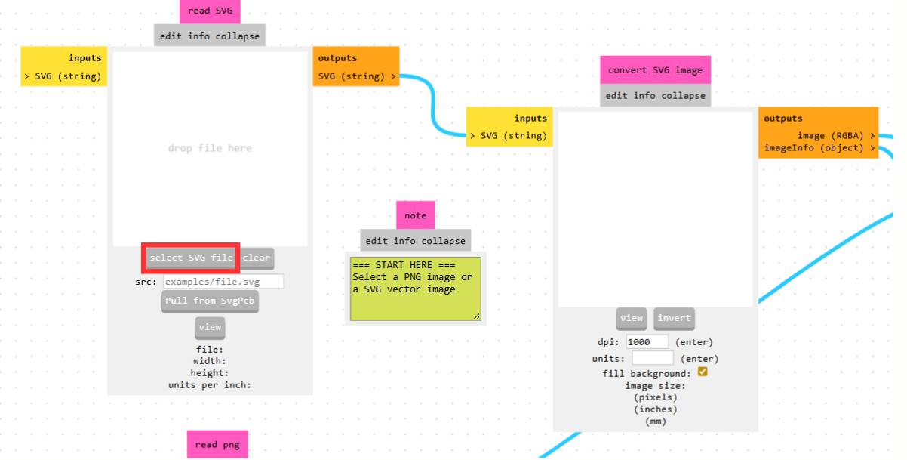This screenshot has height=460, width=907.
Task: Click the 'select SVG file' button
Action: pyautogui.click(x=191, y=258)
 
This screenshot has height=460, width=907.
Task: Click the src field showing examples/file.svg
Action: pyautogui.click(x=223, y=282)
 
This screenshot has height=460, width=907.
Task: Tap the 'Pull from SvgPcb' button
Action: pyautogui.click(x=210, y=301)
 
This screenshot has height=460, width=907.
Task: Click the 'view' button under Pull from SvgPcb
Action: pyautogui.click(x=210, y=328)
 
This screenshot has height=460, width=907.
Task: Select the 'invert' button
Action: pyautogui.click(x=674, y=318)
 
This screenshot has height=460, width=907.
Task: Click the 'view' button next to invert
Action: pyautogui.click(x=632, y=318)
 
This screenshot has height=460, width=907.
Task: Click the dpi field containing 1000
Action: pyautogui.click(x=647, y=342)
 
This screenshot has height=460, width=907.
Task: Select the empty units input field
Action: pyautogui.click(x=652, y=358)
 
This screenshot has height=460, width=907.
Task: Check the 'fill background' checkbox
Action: pyautogui.click(x=703, y=372)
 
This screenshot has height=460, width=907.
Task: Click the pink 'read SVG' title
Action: pyautogui.click(x=211, y=11)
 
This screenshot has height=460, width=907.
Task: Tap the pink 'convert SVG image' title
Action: pyautogui.click(x=655, y=70)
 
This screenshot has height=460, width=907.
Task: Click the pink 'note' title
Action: pyautogui.click(x=415, y=215)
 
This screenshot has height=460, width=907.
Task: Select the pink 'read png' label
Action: pyautogui.click(x=217, y=444)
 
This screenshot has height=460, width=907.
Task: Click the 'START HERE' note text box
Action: pyautogui.click(x=415, y=288)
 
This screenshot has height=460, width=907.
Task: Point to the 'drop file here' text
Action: pyautogui.click(x=210, y=148)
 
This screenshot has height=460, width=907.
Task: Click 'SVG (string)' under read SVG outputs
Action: pyautogui.click(x=357, y=76)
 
